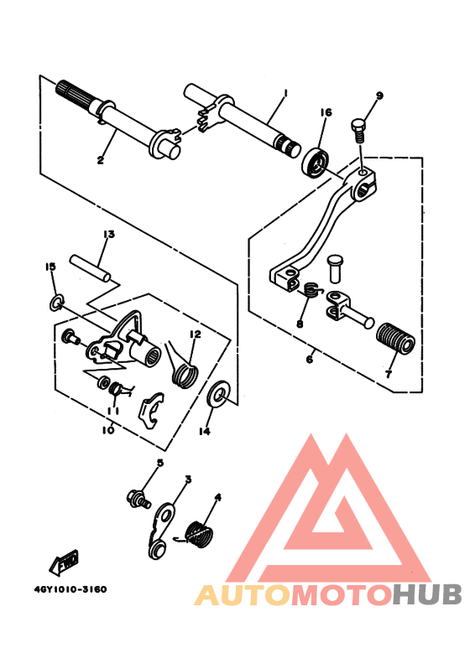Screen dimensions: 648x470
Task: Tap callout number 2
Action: click(100, 159)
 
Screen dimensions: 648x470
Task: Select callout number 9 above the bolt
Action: click(379, 96)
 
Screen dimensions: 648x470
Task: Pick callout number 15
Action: click(50, 267)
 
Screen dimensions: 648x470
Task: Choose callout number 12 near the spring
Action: click(195, 334)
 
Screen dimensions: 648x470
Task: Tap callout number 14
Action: click(205, 432)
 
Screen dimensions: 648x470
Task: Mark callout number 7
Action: click(389, 374)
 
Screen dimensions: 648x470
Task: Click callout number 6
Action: click(309, 360)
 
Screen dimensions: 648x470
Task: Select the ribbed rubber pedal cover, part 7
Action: click(396, 341)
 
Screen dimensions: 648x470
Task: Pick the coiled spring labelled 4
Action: click(199, 533)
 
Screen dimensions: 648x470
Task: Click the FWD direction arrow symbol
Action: click(66, 563)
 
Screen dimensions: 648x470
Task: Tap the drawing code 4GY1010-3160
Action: click(70, 588)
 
